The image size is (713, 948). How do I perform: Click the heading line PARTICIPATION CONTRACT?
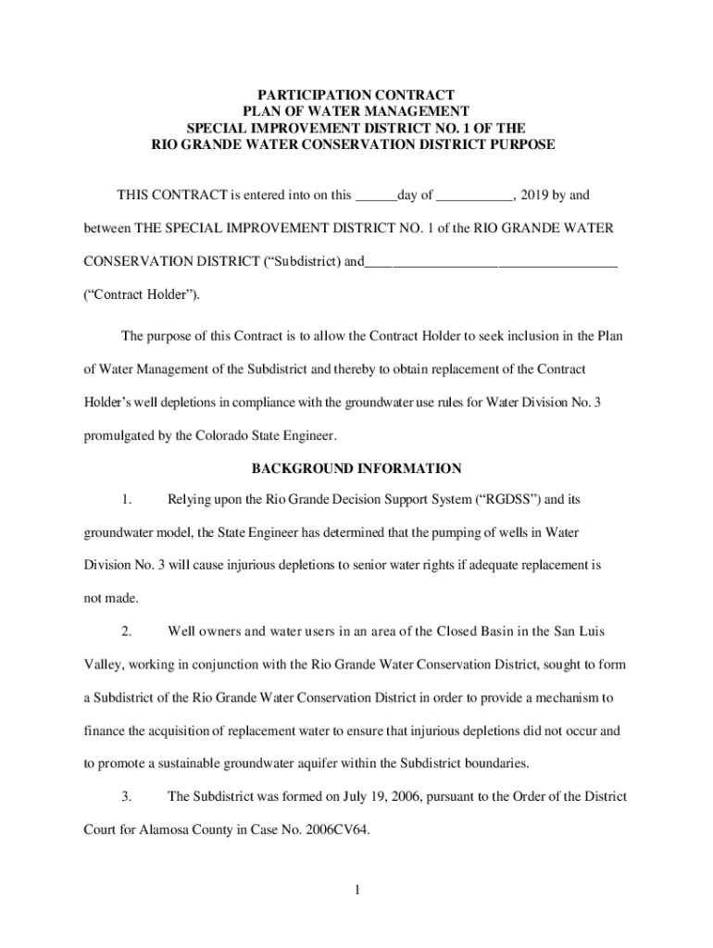click(356, 94)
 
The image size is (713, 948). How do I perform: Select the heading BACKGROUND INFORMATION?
click(356, 468)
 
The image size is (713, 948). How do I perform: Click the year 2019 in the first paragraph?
click(536, 195)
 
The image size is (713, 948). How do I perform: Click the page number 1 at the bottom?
click(356, 891)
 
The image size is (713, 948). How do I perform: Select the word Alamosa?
click(168, 829)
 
